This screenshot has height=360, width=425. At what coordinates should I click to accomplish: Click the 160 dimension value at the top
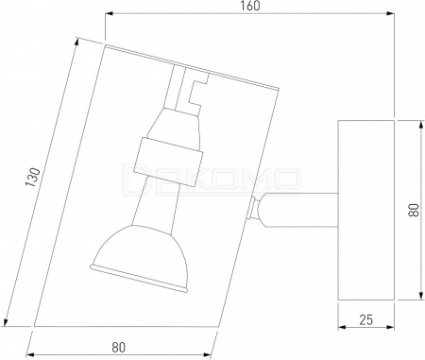(x=250, y=6)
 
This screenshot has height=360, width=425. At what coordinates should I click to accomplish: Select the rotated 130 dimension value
(x=33, y=178)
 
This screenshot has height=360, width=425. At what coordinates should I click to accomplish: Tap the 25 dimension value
(x=365, y=320)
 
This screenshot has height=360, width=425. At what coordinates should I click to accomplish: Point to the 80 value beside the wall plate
(x=414, y=210)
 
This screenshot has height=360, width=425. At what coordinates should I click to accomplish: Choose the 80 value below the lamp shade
(x=118, y=347)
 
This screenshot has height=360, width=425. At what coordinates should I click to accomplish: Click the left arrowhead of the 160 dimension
(x=109, y=13)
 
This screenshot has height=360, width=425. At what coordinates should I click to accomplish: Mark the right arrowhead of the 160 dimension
(x=390, y=13)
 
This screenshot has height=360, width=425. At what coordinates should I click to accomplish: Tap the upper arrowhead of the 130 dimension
(x=76, y=43)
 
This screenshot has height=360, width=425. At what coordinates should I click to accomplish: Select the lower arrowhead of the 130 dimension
(x=6, y=321)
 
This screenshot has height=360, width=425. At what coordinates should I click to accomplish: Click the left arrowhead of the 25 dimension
(x=342, y=328)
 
